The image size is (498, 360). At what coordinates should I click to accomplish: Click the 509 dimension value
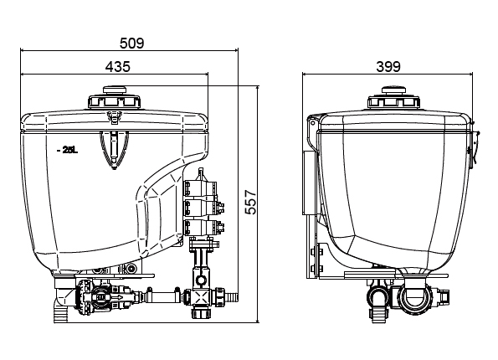point(131,43)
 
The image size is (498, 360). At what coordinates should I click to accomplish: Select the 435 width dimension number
point(117,67)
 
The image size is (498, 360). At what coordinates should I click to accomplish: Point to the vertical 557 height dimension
point(250,202)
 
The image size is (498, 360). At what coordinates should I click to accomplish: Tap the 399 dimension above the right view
point(388,67)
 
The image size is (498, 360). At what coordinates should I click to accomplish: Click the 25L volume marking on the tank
point(68,151)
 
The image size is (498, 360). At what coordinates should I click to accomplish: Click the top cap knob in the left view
point(115,90)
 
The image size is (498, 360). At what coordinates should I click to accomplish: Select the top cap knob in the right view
point(394,90)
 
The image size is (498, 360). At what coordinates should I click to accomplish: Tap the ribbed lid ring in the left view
point(115,101)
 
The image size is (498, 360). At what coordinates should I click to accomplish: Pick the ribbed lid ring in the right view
point(394,101)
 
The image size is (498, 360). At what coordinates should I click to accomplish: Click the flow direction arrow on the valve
point(119,297)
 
